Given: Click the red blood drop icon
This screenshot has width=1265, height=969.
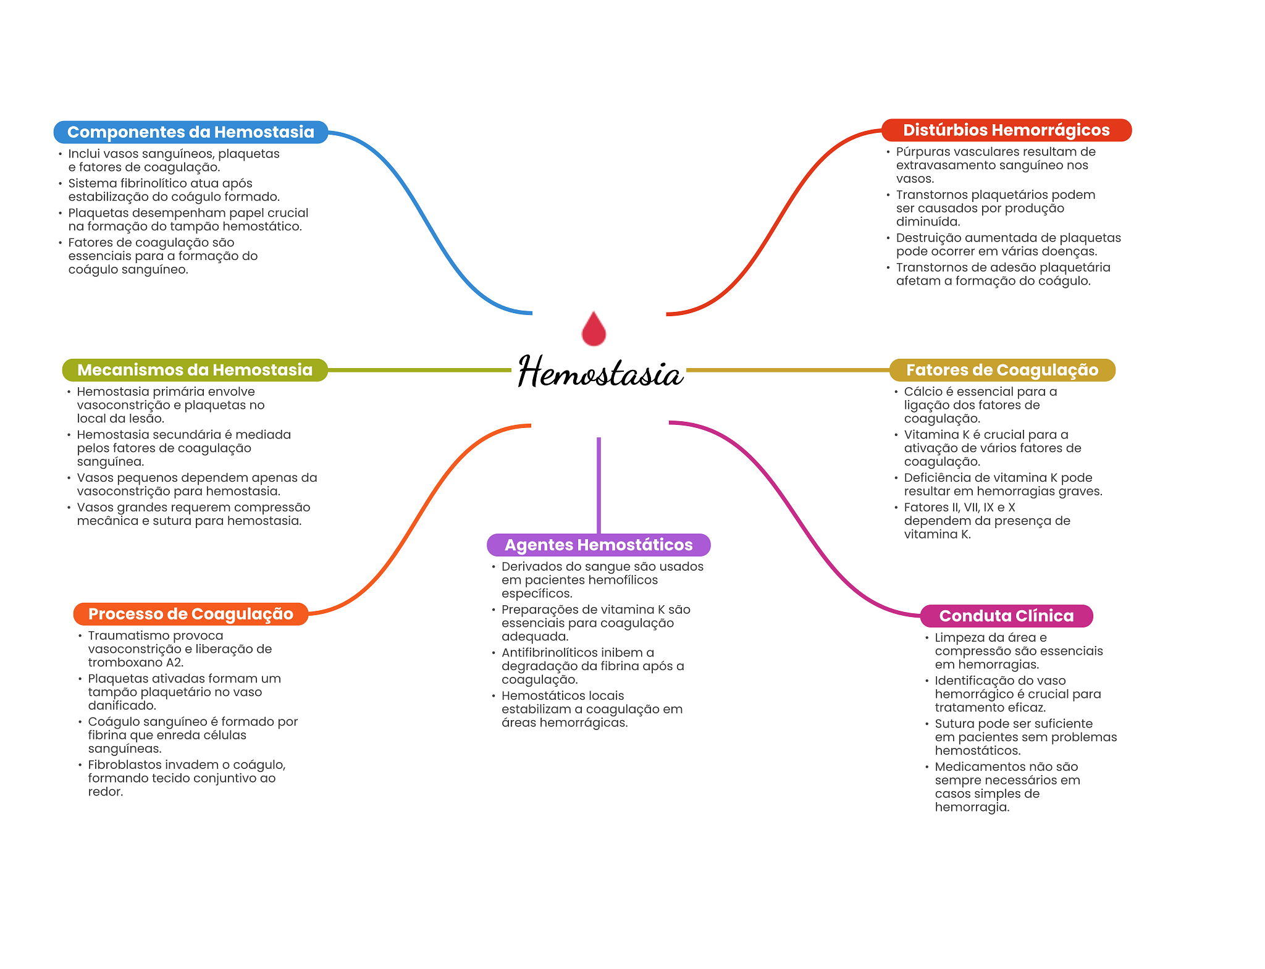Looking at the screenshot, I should point(594,329).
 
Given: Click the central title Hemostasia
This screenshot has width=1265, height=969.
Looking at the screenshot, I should point(600,372).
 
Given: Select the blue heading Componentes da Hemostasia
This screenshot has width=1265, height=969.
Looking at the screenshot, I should point(190,132).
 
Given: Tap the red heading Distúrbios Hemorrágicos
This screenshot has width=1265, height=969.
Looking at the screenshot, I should point(1006,130).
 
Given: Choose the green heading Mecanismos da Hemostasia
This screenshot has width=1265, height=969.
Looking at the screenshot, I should point(195,370).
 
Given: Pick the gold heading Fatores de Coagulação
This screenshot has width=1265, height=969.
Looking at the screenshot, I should point(1002,370).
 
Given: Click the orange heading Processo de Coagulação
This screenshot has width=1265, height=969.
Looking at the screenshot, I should point(190,614).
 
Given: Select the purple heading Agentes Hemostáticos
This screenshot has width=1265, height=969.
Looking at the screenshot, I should point(599,545).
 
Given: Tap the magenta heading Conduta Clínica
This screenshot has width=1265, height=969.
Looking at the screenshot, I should point(1006,616).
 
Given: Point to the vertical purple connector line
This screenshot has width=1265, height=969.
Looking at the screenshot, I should point(599,485).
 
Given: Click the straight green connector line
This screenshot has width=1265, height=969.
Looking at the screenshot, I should point(420,370).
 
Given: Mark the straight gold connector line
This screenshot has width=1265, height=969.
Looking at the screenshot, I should point(788,370).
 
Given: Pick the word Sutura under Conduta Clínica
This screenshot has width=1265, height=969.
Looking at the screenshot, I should point(955,724).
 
